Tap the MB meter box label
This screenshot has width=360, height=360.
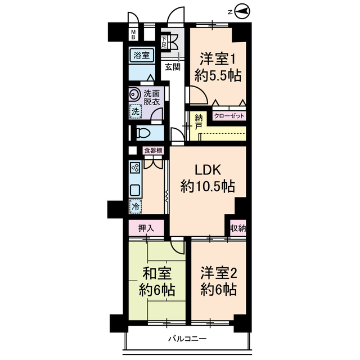click(133, 35)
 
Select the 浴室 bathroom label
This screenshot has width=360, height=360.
click(142, 55)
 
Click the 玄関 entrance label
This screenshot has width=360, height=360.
click(173, 66)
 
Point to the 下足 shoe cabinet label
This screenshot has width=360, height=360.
click(164, 41)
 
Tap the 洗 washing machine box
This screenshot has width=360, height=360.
click(135, 111)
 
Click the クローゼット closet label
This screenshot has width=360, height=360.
click(229, 117)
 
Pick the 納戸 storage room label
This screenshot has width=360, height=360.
click(199, 122)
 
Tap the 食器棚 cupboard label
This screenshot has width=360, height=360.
click(153, 150)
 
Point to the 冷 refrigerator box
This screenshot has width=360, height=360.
click(135, 206)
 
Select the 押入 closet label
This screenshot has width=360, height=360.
click(146, 228)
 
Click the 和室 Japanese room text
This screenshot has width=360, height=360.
click(157, 274)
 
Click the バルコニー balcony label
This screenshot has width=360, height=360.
click(187, 339)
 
